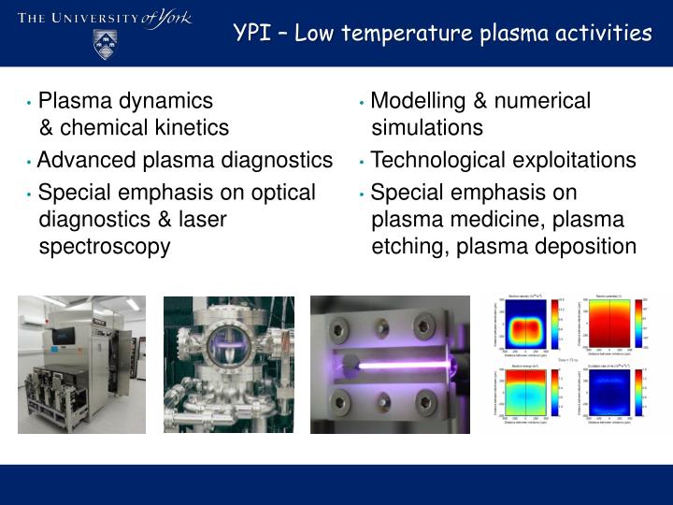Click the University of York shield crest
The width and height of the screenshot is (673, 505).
coord(106,44)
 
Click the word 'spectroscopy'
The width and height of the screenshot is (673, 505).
coord(105,247)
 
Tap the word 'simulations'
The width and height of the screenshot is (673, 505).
coord(427,128)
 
